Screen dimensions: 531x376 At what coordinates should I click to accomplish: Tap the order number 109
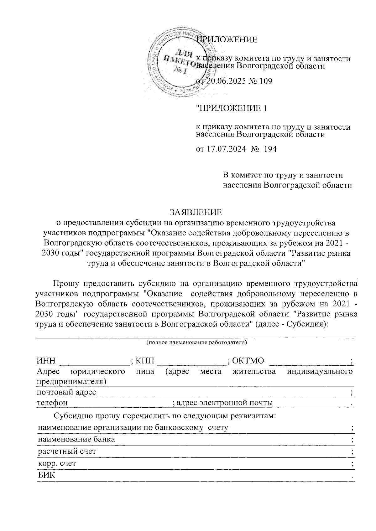pyautogui.click(x=265, y=81)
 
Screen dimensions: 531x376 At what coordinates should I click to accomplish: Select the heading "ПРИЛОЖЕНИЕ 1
pyautogui.click(x=232, y=108)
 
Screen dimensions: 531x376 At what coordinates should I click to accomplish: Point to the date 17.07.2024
pyautogui.click(x=226, y=149)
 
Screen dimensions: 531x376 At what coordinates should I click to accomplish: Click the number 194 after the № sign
pyautogui.click(x=270, y=149)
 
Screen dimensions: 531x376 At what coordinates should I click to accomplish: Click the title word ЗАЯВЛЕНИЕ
pyautogui.click(x=196, y=212)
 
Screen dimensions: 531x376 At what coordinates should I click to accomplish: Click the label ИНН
pyautogui.click(x=46, y=361)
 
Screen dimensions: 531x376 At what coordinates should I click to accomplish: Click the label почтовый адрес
pyautogui.click(x=66, y=392)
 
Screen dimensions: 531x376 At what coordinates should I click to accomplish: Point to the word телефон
pyautogui.click(x=52, y=403)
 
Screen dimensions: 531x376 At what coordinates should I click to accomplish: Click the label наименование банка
pyautogui.click(x=76, y=439)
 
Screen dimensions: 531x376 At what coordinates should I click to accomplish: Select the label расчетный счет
pyautogui.click(x=67, y=451)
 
